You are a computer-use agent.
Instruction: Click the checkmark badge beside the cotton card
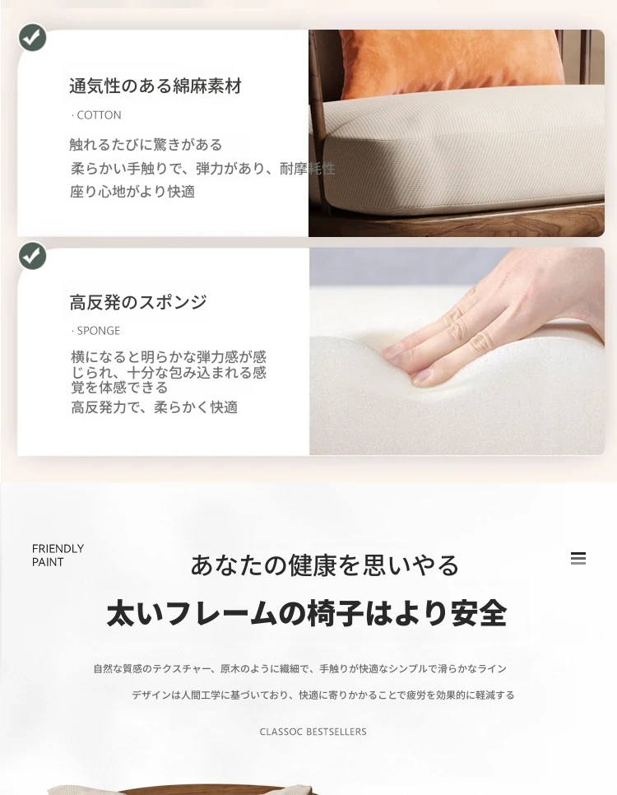pyautogui.click(x=32, y=38)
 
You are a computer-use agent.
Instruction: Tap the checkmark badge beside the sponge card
pyautogui.click(x=32, y=255)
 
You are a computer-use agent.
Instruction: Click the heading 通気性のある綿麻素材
pyautogui.click(x=155, y=86)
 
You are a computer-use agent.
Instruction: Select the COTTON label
pyautogui.click(x=96, y=115)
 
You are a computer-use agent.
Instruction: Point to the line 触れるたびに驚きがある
pyautogui.click(x=146, y=145)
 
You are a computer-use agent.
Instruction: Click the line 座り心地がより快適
pyautogui.click(x=132, y=192)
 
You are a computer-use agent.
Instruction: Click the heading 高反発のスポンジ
pyautogui.click(x=138, y=302)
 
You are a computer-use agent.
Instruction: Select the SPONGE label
pyautogui.click(x=95, y=331)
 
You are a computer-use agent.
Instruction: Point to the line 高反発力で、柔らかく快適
pyautogui.click(x=154, y=407)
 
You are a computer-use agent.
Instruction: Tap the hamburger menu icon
pyautogui.click(x=578, y=558)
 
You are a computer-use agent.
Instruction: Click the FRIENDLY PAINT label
pyautogui.click(x=58, y=556)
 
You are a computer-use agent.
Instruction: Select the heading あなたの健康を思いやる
pyautogui.click(x=325, y=565)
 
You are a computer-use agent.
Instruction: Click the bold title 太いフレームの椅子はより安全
pyautogui.click(x=307, y=613)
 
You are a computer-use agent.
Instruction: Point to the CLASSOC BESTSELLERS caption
pyautogui.click(x=313, y=732)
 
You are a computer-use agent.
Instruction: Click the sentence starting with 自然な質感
pyautogui.click(x=300, y=669)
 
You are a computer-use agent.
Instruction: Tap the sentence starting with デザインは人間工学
pyautogui.click(x=323, y=695)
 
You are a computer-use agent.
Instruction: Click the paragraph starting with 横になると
pyautogui.click(x=169, y=372)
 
